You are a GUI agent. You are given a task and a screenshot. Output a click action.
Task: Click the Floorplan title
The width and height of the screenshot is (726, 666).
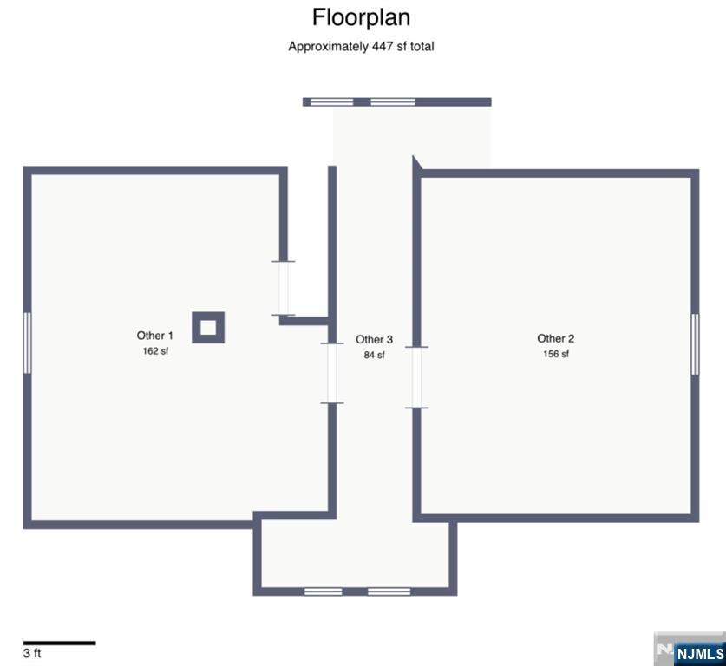[x=361, y=17]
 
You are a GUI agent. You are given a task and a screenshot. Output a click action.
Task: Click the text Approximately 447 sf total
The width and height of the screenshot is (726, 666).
[x=361, y=47]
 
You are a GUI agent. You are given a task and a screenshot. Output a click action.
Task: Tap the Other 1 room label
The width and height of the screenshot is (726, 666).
[x=155, y=336]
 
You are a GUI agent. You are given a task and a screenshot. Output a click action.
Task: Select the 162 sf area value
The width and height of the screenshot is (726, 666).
[x=155, y=351]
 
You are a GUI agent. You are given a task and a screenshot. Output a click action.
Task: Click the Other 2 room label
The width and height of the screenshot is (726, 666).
[x=556, y=339]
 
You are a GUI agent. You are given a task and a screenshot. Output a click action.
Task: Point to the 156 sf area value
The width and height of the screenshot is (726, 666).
[x=556, y=354]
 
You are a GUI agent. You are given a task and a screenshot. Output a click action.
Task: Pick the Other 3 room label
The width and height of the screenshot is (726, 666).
[x=375, y=340]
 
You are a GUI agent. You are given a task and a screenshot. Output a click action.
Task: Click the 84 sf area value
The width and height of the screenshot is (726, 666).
[x=375, y=355]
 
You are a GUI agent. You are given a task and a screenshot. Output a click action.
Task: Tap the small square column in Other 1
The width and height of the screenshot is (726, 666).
[x=208, y=327]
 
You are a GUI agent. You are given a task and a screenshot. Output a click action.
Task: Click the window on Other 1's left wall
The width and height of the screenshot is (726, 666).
[x=27, y=343]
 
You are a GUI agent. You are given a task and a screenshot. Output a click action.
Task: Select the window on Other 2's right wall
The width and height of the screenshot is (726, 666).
[x=695, y=344]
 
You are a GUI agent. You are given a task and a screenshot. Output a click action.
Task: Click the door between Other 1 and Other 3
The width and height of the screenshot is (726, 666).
[x=331, y=373]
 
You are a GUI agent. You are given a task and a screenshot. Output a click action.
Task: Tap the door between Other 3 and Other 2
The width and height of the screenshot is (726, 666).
[x=416, y=377]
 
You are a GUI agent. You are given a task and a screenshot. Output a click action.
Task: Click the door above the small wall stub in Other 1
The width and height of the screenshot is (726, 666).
[x=283, y=288]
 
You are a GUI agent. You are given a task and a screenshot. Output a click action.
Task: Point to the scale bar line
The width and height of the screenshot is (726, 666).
[x=59, y=643]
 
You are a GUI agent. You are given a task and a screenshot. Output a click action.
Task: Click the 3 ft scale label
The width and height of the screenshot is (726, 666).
[x=32, y=654]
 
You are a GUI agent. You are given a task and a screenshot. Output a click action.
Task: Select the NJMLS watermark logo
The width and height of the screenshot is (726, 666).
[x=697, y=653]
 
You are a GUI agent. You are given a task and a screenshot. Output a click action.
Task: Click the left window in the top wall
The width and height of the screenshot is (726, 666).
[x=332, y=101]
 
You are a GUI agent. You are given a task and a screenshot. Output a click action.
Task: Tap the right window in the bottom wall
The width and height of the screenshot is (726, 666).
[x=389, y=591]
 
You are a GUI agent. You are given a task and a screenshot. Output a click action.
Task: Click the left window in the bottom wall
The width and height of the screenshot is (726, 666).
[x=324, y=591]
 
